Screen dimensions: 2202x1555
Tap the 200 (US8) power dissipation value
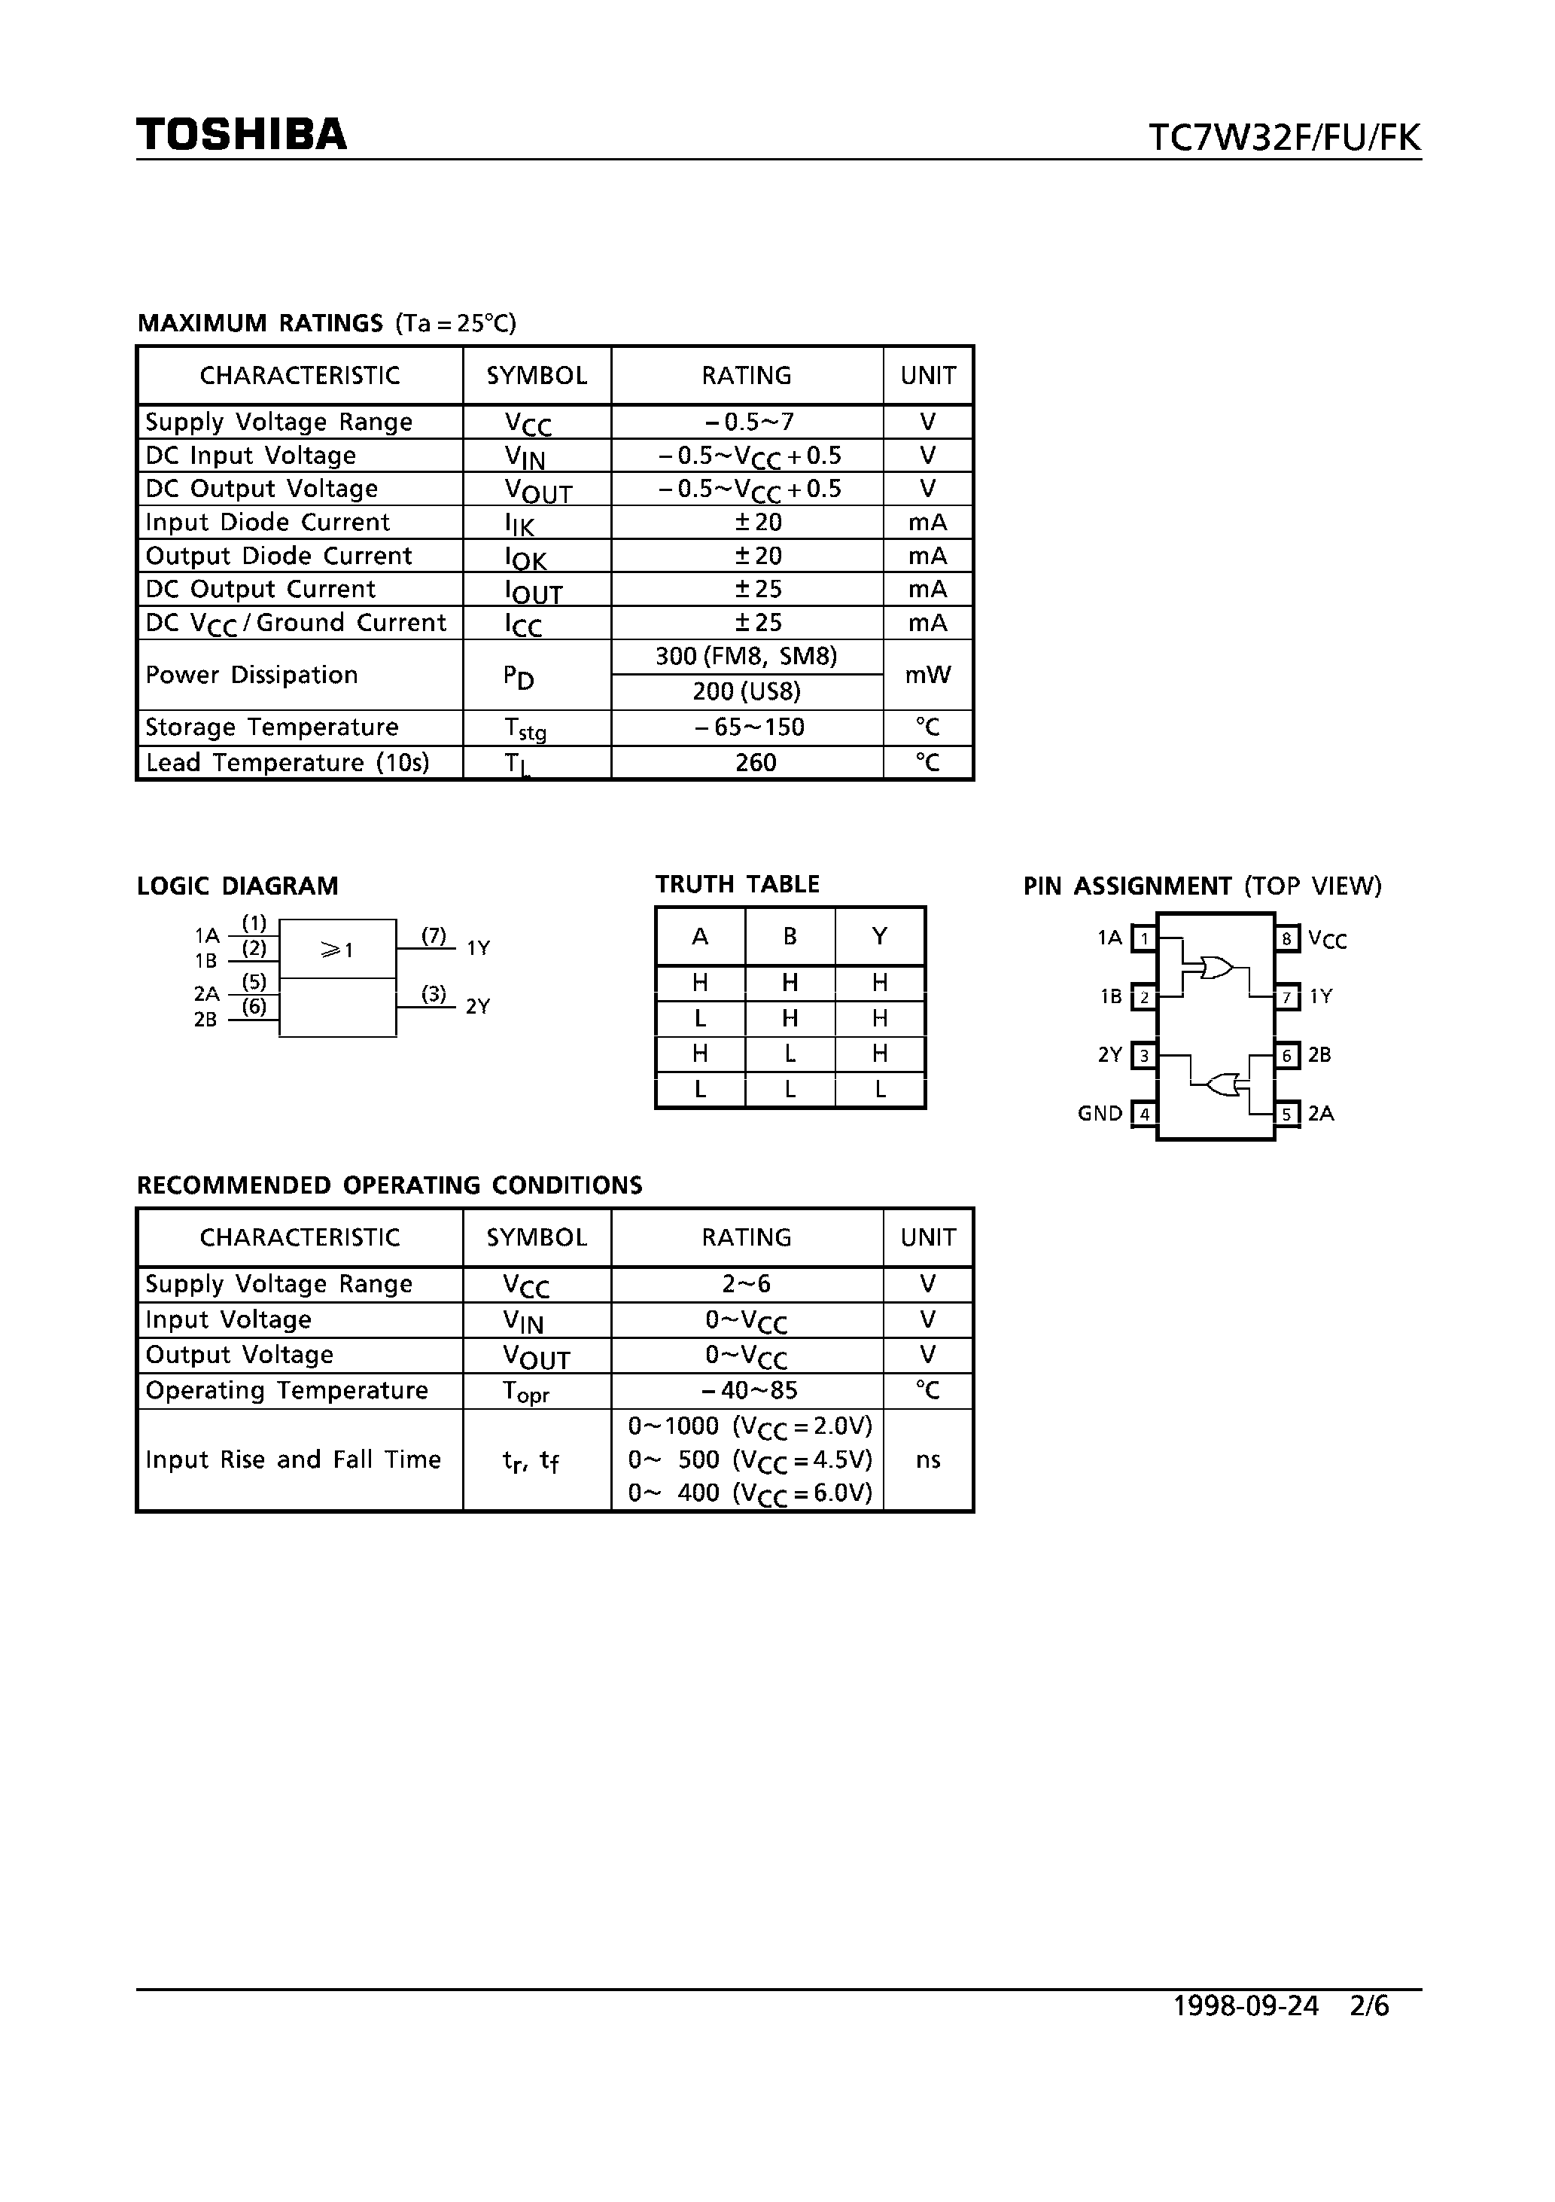pyautogui.click(x=746, y=691)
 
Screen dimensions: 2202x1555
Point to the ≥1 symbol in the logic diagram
pyautogui.click(x=336, y=950)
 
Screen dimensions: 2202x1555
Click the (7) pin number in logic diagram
pyautogui.click(x=434, y=935)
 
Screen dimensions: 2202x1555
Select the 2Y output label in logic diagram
pyautogui.click(x=477, y=1006)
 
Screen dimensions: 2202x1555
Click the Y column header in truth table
pyautogui.click(x=879, y=936)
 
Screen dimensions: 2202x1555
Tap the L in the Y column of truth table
pyautogui.click(x=879, y=1090)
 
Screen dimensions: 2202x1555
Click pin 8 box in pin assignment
pyautogui.click(x=1286, y=938)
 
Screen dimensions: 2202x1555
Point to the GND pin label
pyautogui.click(x=1100, y=1114)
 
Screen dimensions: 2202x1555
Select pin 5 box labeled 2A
pyautogui.click(x=1286, y=1114)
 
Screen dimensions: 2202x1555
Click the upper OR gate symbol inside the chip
pyautogui.click(x=1216, y=968)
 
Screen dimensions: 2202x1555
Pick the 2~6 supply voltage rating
pyautogui.click(x=746, y=1283)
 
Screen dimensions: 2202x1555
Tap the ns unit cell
pyautogui.click(x=927, y=1459)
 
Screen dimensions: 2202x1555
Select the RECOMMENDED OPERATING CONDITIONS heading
pyautogui.click(x=389, y=1185)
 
